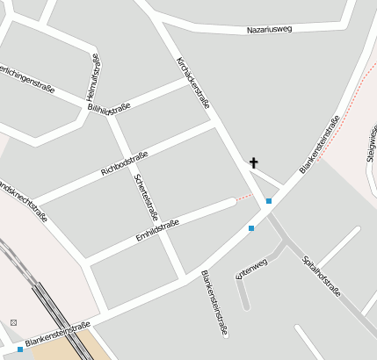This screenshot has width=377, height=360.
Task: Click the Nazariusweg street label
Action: (x=269, y=29)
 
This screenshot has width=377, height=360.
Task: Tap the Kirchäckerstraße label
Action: (x=193, y=83)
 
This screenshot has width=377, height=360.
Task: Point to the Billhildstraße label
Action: (x=109, y=107)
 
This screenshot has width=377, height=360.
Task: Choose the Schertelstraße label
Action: (x=146, y=196)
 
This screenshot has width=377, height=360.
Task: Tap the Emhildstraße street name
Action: (x=157, y=229)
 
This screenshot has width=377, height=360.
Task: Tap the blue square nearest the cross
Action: (x=269, y=201)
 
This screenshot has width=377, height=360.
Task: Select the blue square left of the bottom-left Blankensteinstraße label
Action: (x=20, y=349)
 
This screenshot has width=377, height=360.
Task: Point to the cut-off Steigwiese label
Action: (x=369, y=145)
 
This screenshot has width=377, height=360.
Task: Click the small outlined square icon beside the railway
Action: (x=13, y=322)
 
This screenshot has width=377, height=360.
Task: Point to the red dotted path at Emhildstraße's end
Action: (x=244, y=197)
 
